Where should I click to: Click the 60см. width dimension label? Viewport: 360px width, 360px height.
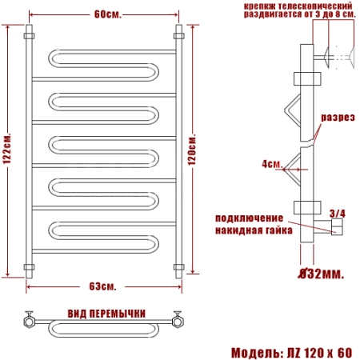click(x=107, y=14)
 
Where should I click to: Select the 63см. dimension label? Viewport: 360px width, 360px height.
click(x=102, y=286)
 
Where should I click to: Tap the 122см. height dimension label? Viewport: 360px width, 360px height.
click(x=7, y=148)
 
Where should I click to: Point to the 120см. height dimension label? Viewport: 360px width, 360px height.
click(x=192, y=150)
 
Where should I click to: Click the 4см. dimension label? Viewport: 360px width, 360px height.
click(x=272, y=163)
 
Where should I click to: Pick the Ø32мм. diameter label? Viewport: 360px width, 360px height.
click(x=321, y=274)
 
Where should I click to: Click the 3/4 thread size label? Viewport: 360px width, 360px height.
click(x=337, y=214)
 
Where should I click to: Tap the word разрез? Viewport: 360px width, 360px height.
click(x=338, y=118)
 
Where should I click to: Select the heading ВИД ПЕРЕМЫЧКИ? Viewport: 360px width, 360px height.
click(x=106, y=314)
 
